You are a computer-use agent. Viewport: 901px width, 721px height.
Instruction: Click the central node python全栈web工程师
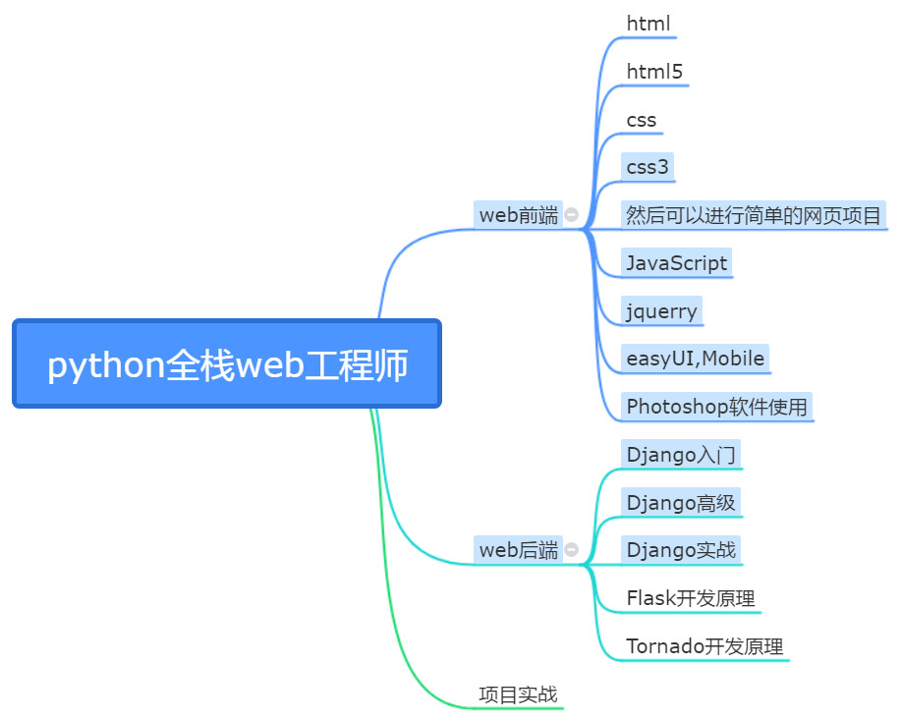227,363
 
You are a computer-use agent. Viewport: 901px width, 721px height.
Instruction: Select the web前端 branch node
518,215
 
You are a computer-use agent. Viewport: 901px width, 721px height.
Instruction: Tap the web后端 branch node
518,550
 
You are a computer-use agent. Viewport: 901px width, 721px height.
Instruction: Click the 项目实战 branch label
518,694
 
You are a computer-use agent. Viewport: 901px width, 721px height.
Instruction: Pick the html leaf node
648,24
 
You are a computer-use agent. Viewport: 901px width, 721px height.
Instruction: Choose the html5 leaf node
654,72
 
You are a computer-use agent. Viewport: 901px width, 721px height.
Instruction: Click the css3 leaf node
648,167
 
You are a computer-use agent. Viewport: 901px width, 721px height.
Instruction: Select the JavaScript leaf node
676,262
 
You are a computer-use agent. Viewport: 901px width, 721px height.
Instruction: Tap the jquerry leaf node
661,310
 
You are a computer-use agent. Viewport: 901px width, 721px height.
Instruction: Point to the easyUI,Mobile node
696,359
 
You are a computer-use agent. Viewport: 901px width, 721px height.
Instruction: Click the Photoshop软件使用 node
716,407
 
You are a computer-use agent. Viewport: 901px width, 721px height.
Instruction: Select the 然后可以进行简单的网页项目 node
754,215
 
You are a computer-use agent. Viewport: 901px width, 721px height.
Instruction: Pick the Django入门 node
681,455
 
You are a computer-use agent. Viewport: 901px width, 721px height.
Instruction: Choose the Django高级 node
681,503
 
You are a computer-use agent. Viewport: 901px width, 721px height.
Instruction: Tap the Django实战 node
681,550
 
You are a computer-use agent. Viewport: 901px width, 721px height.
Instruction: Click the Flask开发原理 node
691,598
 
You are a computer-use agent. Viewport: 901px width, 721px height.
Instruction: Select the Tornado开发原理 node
704,646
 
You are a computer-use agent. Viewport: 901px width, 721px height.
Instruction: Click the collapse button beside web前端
571,214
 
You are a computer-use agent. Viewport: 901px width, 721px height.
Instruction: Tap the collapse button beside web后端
571,549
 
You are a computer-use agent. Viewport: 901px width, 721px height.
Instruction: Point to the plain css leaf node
642,120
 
